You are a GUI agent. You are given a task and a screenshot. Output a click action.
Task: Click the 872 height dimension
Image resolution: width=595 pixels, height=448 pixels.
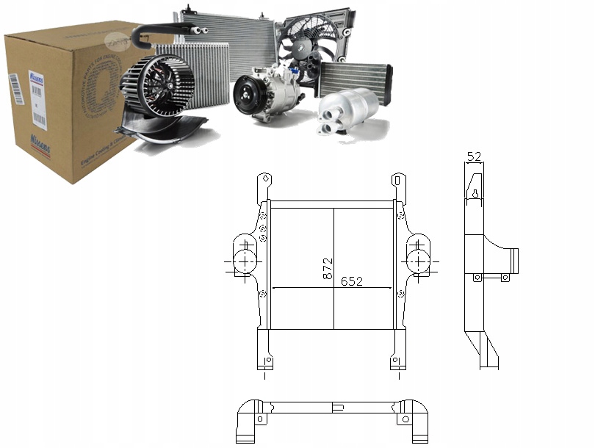(x=328, y=270)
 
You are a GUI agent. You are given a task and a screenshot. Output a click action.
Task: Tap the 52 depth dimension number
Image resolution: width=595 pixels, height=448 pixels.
(x=475, y=156)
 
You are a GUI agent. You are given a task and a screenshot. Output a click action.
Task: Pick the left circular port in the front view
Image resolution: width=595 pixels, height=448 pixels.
(x=244, y=261)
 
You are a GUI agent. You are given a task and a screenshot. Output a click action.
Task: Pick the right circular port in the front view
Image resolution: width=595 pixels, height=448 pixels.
(x=418, y=261)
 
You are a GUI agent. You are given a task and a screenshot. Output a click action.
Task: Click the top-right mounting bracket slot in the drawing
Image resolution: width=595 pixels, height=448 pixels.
(x=397, y=180)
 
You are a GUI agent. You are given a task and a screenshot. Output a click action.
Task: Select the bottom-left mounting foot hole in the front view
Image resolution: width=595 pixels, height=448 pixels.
(x=268, y=360)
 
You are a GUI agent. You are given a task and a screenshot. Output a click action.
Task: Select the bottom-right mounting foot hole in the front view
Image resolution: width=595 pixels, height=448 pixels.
(x=394, y=360)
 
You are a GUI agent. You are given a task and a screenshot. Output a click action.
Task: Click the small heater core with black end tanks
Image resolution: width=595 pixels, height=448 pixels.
(x=355, y=78)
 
